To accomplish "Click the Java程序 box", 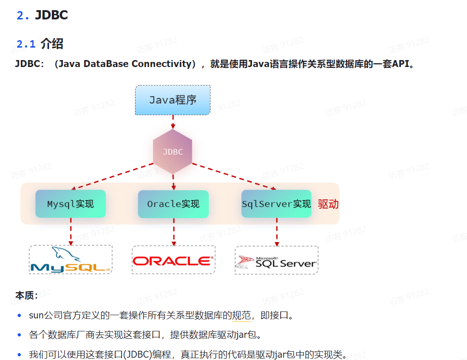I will tap(173, 100).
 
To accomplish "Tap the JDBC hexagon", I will tap(173, 152).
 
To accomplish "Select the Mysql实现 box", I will tap(71, 204).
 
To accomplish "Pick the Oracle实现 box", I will tap(173, 204).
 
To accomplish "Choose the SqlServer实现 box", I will tap(277, 204).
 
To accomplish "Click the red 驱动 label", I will tap(328, 204).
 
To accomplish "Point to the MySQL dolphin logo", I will tap(70, 260).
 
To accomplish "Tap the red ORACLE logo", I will tap(173, 261).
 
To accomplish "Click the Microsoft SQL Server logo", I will tap(277, 262).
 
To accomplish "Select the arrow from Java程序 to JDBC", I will tap(173, 122).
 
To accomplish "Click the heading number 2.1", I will tap(26, 44).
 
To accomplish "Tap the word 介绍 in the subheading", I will tap(52, 44).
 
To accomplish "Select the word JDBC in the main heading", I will tap(51, 15).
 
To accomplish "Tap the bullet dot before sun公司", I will tap(19, 316).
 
